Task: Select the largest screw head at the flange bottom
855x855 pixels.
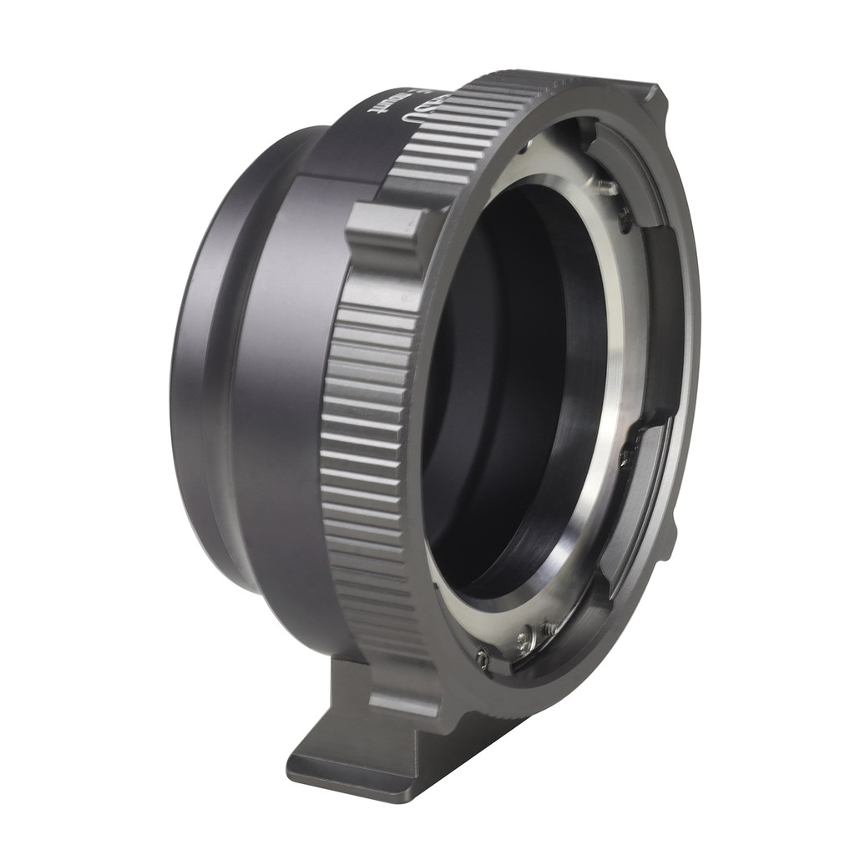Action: tap(525, 640)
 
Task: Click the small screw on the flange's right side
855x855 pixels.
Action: tap(624, 457)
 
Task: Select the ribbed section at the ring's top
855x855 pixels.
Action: tap(468, 125)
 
